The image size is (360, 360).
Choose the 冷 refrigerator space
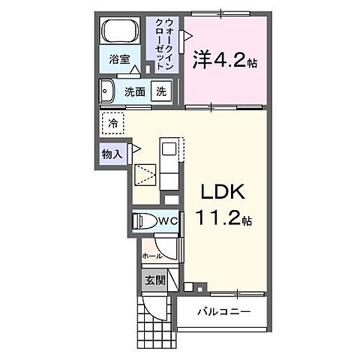tap(112, 122)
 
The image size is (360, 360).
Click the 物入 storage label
tap(112, 154)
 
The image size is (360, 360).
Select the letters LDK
tap(222, 192)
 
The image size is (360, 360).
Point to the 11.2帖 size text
tap(224, 220)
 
